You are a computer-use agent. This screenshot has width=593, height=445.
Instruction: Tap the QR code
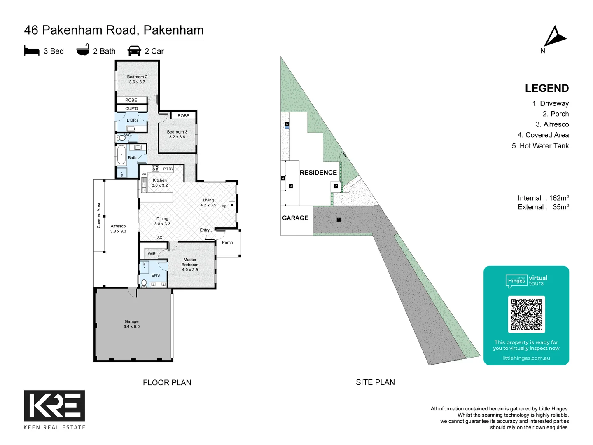[x=526, y=314]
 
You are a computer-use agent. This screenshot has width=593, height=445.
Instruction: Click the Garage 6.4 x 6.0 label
[x=131, y=324]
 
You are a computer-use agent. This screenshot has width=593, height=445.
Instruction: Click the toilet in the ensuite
[x=144, y=283]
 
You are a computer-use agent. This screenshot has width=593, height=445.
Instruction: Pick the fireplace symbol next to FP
[x=232, y=205]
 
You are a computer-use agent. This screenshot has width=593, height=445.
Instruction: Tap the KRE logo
[x=54, y=406]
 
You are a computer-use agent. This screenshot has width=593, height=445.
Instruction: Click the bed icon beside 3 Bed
[x=32, y=51]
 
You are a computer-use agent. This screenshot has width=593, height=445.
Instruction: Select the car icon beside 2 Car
[x=134, y=51]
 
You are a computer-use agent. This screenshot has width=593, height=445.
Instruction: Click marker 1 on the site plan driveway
[x=339, y=220]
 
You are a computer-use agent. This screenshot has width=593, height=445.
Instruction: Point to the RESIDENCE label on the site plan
[x=318, y=173]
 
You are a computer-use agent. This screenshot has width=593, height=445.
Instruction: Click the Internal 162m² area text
[x=543, y=198]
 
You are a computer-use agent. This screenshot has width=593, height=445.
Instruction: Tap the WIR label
[x=152, y=254]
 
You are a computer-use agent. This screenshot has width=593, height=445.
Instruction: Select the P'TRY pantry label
[x=168, y=169]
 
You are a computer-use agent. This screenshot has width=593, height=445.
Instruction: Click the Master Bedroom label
[x=190, y=265]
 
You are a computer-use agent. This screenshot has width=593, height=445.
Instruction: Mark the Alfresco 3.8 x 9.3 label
[x=118, y=229]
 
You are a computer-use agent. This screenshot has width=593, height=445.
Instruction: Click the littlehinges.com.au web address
[x=526, y=358]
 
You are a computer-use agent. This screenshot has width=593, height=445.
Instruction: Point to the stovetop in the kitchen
[x=156, y=168]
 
